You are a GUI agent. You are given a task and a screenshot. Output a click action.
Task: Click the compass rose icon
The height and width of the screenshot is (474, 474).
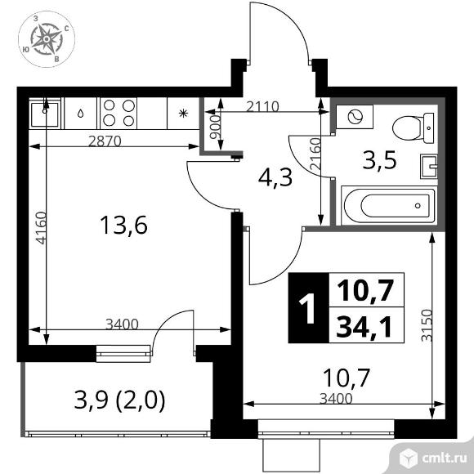(x=47, y=39)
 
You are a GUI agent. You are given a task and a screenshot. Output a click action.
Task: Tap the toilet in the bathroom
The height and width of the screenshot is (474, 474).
(x=413, y=127)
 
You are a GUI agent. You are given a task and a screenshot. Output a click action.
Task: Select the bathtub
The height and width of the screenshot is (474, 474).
(x=389, y=206)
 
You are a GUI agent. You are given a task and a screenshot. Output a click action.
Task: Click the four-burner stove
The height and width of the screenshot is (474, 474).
(x=118, y=113)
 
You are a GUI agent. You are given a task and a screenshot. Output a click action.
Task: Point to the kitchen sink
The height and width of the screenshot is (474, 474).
(x=45, y=114)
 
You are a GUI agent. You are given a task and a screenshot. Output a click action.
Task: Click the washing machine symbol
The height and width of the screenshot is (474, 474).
(x=355, y=117)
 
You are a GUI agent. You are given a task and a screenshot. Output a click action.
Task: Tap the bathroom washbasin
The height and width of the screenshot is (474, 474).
(x=429, y=167)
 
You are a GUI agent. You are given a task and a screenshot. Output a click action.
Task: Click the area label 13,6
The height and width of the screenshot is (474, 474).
(x=123, y=225)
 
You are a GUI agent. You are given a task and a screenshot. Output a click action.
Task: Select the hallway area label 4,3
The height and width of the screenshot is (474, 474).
(x=275, y=177)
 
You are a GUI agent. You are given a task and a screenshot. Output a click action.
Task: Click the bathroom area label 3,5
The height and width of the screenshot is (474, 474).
(x=379, y=160)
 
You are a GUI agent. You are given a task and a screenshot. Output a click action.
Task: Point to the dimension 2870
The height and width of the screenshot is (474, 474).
(x=105, y=141)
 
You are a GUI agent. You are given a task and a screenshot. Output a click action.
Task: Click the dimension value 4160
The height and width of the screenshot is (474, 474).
(x=41, y=228)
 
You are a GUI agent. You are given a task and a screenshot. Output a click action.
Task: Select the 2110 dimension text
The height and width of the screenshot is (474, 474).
(x=262, y=106)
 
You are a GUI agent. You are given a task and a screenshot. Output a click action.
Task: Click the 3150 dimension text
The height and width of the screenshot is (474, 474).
(x=427, y=325)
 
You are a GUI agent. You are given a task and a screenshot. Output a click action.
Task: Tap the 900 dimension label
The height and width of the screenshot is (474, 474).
(x=216, y=127)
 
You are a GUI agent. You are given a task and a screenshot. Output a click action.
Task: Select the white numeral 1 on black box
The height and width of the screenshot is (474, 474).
(x=308, y=308)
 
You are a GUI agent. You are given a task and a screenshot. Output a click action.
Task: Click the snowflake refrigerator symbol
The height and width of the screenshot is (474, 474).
(x=183, y=114)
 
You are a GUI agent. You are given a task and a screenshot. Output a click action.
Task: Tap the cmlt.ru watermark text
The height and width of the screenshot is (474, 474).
(x=445, y=459)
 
